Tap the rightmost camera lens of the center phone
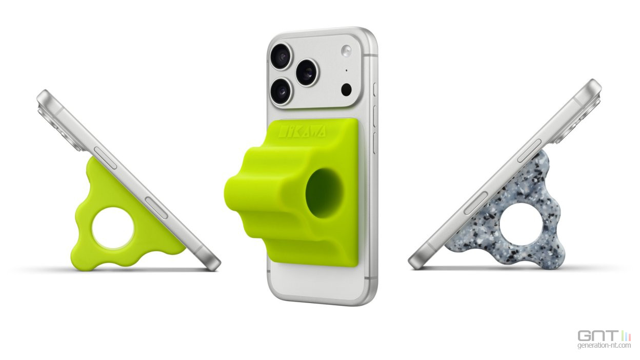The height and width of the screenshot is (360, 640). click(307, 72)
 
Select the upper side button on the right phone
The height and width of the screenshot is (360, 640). click(529, 151)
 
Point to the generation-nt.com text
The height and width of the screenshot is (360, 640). click(604, 346)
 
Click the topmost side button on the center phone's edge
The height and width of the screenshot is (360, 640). click(374, 89)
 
